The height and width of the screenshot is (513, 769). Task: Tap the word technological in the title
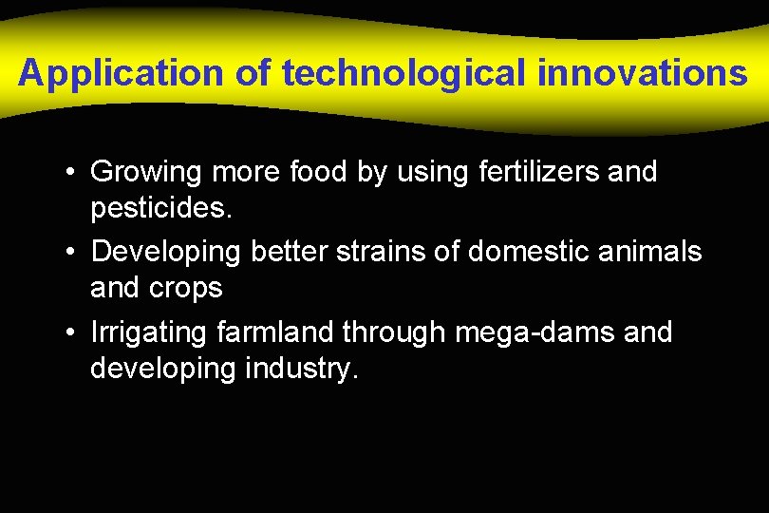(404, 73)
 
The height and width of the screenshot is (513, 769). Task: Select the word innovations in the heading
(643, 73)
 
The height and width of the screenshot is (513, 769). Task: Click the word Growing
(146, 173)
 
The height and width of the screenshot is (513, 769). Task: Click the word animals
(656, 252)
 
